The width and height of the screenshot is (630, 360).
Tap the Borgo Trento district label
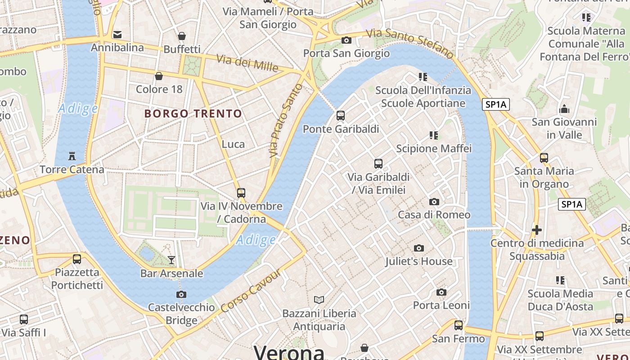click(x=193, y=113)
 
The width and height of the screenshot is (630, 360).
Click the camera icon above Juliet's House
click(x=419, y=248)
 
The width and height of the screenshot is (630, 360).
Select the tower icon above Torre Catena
click(x=72, y=156)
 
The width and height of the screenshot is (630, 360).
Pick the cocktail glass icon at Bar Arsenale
click(x=171, y=260)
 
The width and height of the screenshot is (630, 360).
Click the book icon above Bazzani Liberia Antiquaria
click(x=319, y=300)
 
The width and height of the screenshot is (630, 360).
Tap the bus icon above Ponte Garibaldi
click(x=341, y=116)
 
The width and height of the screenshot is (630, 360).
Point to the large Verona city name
click(x=289, y=352)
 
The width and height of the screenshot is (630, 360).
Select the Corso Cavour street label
click(x=251, y=291)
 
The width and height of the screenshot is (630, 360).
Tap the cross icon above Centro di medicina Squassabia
click(x=536, y=230)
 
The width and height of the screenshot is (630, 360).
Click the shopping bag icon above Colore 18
click(x=159, y=76)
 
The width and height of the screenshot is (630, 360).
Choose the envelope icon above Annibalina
click(x=117, y=35)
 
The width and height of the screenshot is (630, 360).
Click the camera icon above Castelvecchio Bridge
click(x=181, y=294)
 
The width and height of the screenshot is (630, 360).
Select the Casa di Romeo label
click(x=434, y=215)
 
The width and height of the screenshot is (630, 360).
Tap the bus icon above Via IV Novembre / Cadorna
click(x=241, y=193)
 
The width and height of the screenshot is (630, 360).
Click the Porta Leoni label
click(x=441, y=306)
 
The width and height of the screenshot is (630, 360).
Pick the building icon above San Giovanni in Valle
click(x=564, y=109)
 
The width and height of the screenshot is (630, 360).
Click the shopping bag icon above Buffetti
click(x=182, y=36)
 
